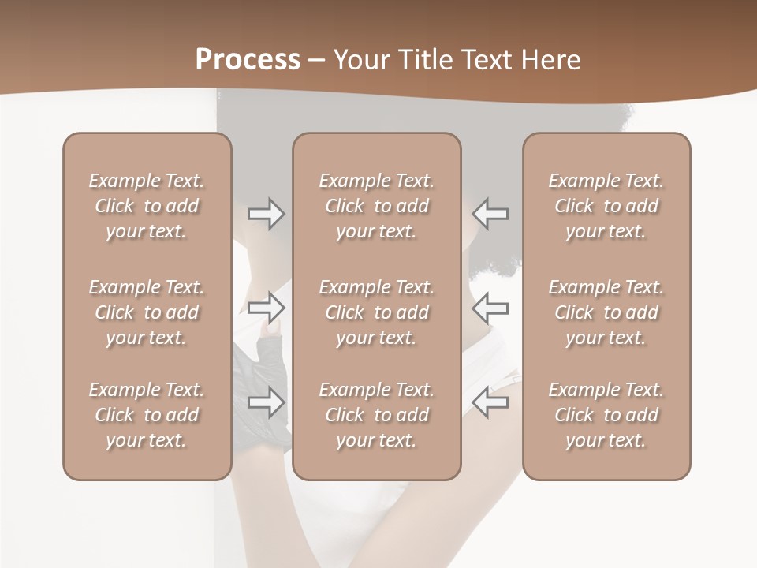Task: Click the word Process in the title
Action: click(x=248, y=60)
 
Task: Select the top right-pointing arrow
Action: click(x=266, y=214)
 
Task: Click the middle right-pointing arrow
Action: click(x=266, y=308)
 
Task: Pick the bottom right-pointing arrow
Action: click(x=266, y=402)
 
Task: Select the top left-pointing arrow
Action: click(x=490, y=214)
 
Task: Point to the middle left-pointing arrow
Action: click(x=490, y=308)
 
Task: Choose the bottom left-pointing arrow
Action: click(x=490, y=402)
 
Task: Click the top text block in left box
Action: click(x=147, y=206)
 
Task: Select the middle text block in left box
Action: click(x=147, y=312)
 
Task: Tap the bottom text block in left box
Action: click(x=147, y=415)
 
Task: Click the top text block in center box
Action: click(x=376, y=206)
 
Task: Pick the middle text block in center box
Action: click(x=376, y=312)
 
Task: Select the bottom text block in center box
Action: click(x=376, y=415)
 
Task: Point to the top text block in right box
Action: click(x=606, y=206)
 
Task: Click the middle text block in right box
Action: click(x=606, y=312)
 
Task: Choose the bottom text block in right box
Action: click(x=606, y=415)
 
